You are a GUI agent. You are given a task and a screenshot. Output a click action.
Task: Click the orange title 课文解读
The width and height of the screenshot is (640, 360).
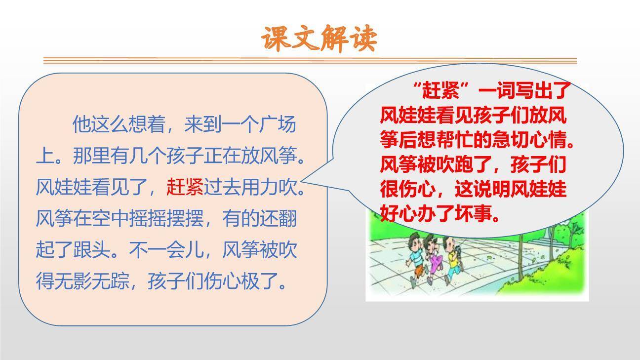(x=319, y=39)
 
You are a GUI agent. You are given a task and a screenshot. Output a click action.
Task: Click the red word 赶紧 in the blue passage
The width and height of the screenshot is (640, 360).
(x=185, y=187)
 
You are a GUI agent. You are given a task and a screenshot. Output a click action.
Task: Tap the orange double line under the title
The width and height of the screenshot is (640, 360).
(x=310, y=61)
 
